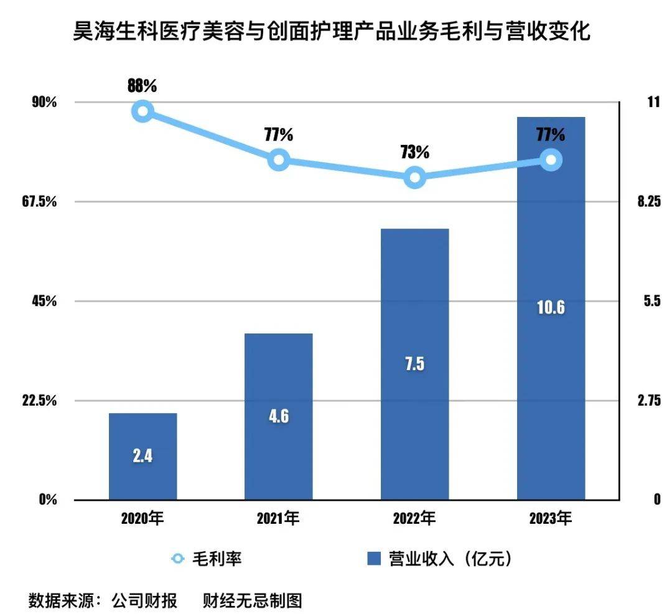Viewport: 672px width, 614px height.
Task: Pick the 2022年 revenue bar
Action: point(414,363)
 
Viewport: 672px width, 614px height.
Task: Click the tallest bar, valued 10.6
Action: point(551,308)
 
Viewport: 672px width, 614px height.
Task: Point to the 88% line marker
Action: point(142,111)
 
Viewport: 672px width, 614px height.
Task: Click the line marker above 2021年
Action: point(278,160)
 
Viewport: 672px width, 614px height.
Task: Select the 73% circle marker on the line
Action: point(414,178)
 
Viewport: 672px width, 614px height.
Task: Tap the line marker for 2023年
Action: point(551,160)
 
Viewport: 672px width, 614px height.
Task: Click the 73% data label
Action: point(414,152)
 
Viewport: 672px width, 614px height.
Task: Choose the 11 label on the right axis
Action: point(653,102)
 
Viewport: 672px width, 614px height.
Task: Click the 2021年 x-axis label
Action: point(278,518)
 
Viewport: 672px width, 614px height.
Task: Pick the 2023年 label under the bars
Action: point(551,518)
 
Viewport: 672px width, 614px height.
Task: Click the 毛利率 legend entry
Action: point(215,559)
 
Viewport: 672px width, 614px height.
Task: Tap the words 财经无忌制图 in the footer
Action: point(252,601)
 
